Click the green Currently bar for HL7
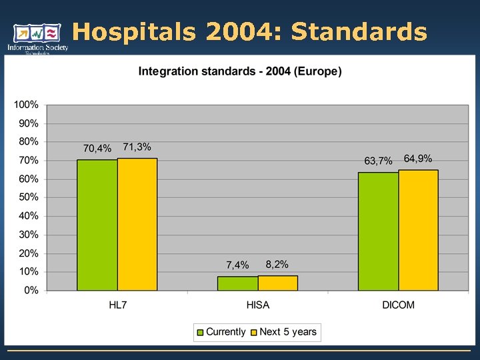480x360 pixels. pyautogui.click(x=97, y=225)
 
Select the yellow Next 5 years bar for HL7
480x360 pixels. pyautogui.click(x=137, y=225)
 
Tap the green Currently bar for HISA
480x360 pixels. pyautogui.click(x=238, y=283)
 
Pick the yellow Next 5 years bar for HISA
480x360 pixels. pyautogui.click(x=278, y=283)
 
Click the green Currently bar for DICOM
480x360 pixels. pyautogui.click(x=378, y=231)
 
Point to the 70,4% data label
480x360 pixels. pyautogui.click(x=97, y=148)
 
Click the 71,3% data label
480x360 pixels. pyautogui.click(x=137, y=147)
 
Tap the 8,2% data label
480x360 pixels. pyautogui.click(x=277, y=264)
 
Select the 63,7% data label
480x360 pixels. pyautogui.click(x=378, y=161)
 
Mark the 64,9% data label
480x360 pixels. pyautogui.click(x=418, y=159)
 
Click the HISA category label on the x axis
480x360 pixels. pyautogui.click(x=257, y=305)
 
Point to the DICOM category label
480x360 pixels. pyautogui.click(x=398, y=305)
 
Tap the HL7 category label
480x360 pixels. pyautogui.click(x=117, y=305)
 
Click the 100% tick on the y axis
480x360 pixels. pyautogui.click(x=27, y=105)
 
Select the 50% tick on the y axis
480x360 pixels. pyautogui.click(x=29, y=197)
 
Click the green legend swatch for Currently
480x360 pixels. pyautogui.click(x=200, y=332)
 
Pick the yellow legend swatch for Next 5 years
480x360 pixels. pyautogui.click(x=253, y=332)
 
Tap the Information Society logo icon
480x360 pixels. pyautogui.click(x=37, y=34)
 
